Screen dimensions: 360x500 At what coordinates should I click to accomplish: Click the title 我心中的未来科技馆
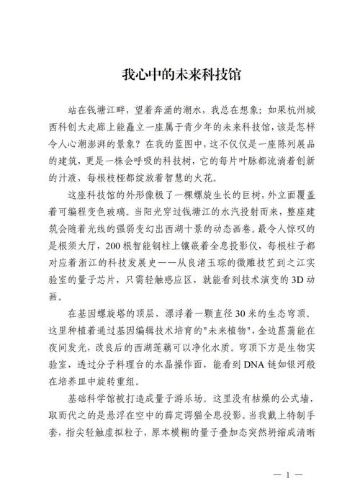point(179,74)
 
